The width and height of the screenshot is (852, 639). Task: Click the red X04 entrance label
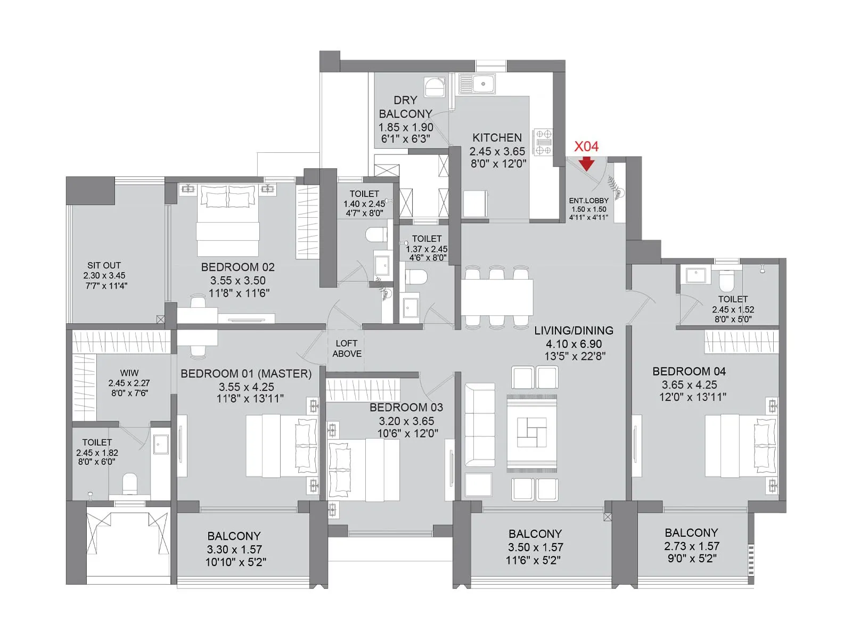point(586,146)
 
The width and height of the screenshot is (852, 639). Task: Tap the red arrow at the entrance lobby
point(586,163)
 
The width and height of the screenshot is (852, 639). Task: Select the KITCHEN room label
point(497,137)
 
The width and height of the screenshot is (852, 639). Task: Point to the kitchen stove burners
point(544,142)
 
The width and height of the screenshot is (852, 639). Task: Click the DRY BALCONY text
point(405,107)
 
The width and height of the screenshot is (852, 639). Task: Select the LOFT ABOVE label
point(347,349)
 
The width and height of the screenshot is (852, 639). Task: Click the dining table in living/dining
point(497,297)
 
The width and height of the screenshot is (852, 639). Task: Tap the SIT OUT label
point(104,265)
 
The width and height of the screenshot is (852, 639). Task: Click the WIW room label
point(129,373)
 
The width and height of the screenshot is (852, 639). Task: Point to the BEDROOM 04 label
point(689,371)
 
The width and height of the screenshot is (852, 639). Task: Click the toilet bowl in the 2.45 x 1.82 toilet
point(130,484)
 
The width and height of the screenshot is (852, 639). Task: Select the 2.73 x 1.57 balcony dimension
point(691,546)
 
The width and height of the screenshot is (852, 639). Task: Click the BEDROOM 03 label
point(406,407)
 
